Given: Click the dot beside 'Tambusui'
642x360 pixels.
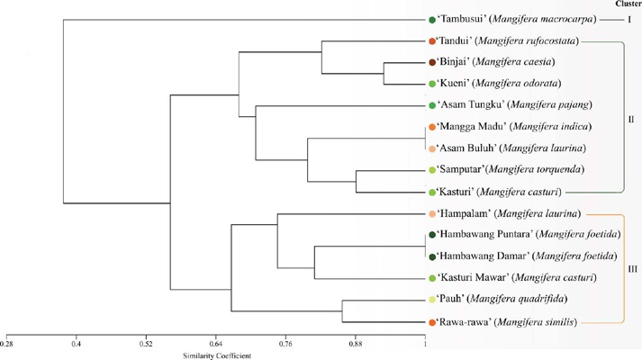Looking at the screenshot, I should pyautogui.click(x=433, y=20).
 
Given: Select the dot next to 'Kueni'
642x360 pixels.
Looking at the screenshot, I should pyautogui.click(x=433, y=84).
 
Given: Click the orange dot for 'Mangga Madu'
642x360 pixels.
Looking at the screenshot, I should pyautogui.click(x=433, y=127).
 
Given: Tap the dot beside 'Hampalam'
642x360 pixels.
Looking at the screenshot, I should pyautogui.click(x=433, y=214).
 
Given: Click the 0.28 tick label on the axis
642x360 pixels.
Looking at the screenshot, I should pyautogui.click(x=7, y=343).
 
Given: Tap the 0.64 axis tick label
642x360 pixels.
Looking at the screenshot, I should pyautogui.click(x=216, y=343).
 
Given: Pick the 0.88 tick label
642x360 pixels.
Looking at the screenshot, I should pyautogui.click(x=356, y=343).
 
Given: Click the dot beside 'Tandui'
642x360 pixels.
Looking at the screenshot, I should pyautogui.click(x=433, y=41).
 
